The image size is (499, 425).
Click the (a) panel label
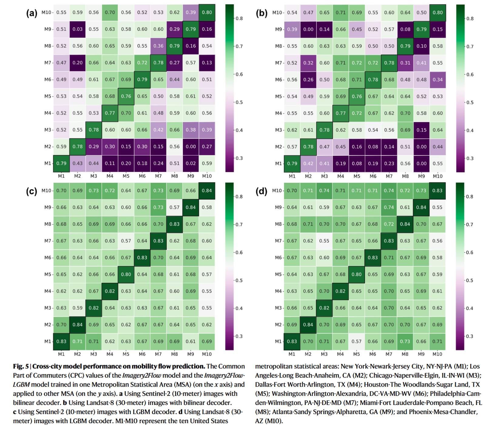coord(32,13)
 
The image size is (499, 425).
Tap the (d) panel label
coord(261,191)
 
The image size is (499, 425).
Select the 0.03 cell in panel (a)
coord(78,29)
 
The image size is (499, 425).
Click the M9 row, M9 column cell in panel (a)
coord(191,29)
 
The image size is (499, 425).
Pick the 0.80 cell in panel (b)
coord(438,13)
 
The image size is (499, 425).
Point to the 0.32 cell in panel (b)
coord(308,63)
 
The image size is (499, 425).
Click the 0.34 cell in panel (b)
coord(438,80)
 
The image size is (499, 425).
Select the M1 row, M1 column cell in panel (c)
coord(61,342)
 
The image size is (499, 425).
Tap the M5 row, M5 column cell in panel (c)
coord(126,274)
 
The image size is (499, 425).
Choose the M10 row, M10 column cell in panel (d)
coord(437,191)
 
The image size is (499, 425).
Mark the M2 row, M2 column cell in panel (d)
coord(308,325)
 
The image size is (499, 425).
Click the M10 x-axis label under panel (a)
coord(207,176)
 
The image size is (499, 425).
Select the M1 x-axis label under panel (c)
coord(61,354)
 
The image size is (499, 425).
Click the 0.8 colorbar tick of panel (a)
coord(239,18)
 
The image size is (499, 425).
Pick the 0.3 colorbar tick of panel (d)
coord(470,336)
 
